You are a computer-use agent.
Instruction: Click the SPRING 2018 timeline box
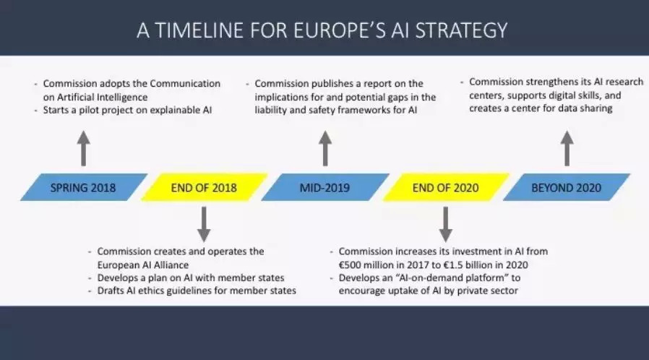[84, 187]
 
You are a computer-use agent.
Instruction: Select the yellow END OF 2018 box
[204, 187]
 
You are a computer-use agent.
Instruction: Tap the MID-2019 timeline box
[325, 187]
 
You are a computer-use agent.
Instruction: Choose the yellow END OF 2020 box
[446, 187]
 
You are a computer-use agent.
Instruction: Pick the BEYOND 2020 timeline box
[566, 187]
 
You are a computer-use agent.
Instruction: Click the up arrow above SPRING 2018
[84, 148]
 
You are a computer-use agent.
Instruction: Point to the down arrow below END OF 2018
[204, 224]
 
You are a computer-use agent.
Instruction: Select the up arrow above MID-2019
[325, 148]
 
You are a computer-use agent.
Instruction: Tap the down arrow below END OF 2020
[445, 224]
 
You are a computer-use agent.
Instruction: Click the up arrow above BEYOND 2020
[567, 148]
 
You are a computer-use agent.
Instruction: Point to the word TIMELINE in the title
[199, 30]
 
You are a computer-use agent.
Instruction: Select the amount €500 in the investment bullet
[350, 265]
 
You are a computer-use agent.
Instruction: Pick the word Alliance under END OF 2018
[171, 265]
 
